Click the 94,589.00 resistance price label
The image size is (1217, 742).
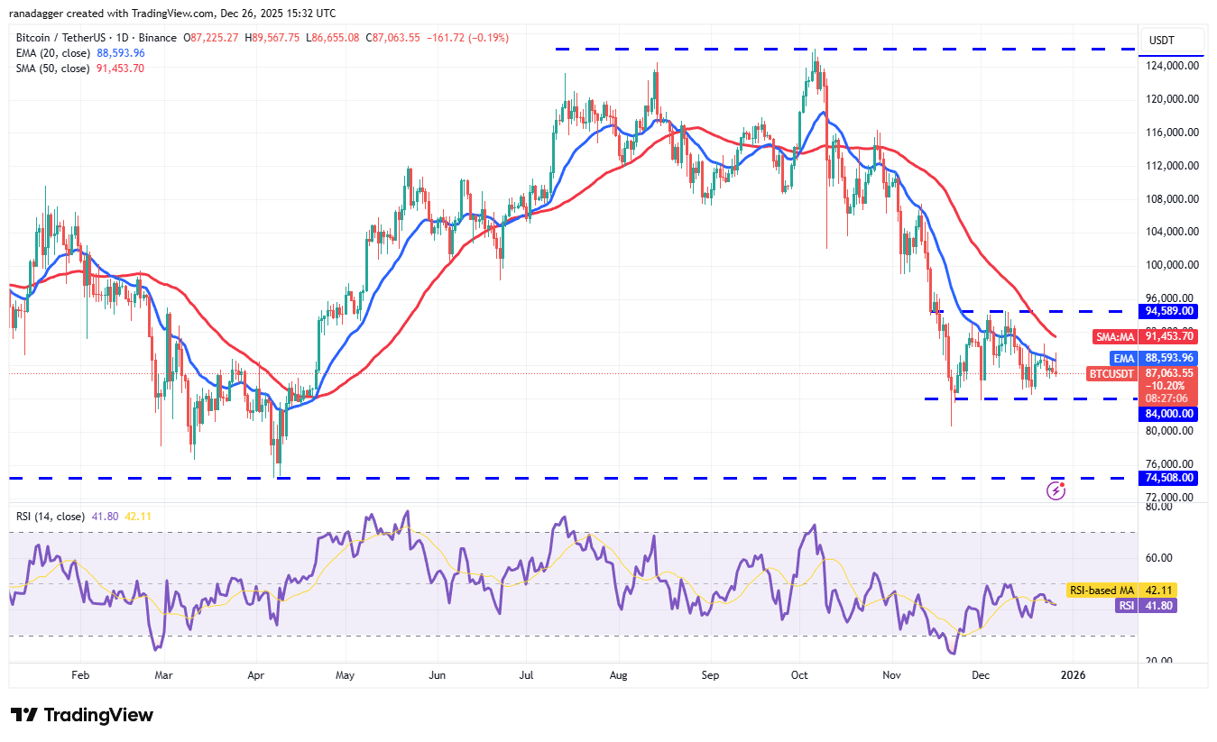tap(1169, 311)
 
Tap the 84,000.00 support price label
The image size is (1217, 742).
tap(1169, 414)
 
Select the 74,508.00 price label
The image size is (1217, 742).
tap(1169, 478)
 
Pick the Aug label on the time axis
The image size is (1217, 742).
tap(619, 674)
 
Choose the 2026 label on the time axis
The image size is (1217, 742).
tap(1072, 674)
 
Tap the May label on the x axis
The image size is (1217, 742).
tap(345, 674)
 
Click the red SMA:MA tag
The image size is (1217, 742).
tap(1116, 336)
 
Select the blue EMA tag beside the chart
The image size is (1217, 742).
tap(1123, 358)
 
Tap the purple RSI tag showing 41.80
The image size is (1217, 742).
tap(1126, 606)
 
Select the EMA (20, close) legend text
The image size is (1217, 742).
tap(51, 53)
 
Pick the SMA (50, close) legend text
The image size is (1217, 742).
tap(51, 69)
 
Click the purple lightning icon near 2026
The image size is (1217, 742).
tap(1056, 490)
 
